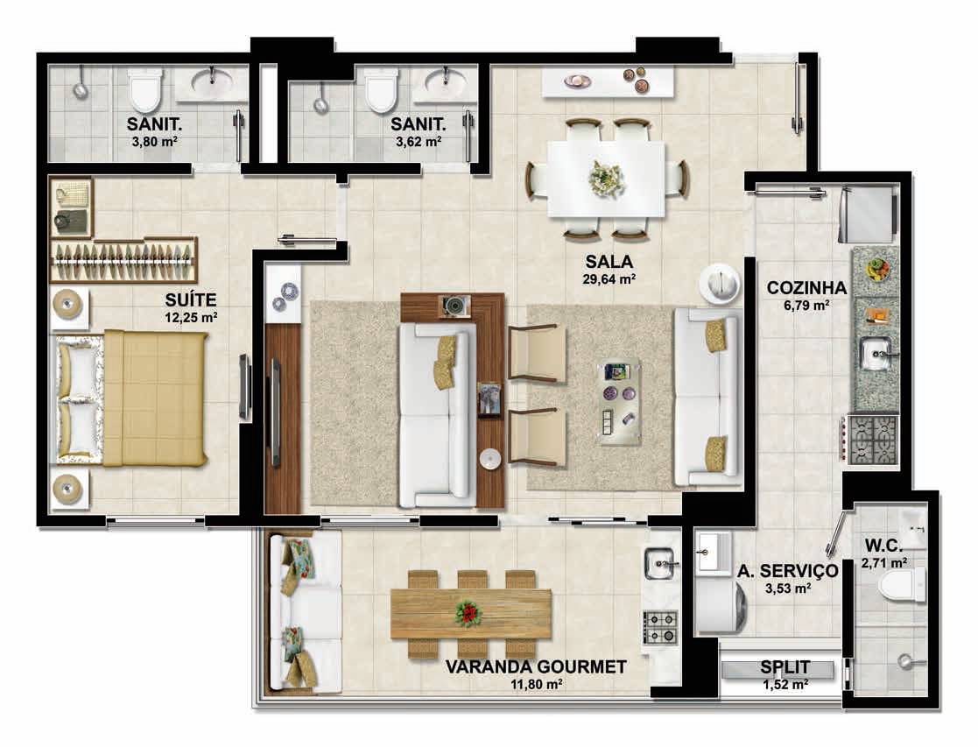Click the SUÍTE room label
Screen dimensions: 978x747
pos(191,300)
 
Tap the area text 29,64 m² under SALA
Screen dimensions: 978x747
pos(609,279)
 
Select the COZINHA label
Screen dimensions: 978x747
pos(806,288)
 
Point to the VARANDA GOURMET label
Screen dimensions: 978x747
pos(536,667)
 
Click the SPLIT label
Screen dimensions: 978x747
pos(785,667)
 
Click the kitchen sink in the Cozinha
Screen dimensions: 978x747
pos(877,353)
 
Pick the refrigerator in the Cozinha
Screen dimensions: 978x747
pos(869,215)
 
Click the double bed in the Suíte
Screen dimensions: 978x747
pos(131,398)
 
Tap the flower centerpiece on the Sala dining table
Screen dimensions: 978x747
pos(606,180)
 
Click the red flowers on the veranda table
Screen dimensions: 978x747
pos(468,614)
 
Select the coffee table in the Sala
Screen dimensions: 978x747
pos(619,402)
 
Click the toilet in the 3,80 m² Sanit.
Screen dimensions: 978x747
pos(144,90)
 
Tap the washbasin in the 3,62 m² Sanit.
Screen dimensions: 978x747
pos(446,82)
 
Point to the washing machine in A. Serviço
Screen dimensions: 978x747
pos(721,605)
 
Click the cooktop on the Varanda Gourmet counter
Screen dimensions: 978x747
pos(660,628)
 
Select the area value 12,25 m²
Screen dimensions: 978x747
pos(191,317)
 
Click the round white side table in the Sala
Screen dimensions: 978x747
pos(719,284)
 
